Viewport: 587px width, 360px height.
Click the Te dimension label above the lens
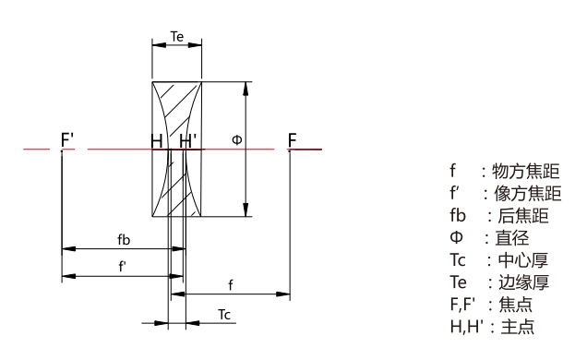click(x=177, y=37)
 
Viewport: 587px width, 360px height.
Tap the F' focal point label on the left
click(x=67, y=139)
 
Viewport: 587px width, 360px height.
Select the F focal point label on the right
click(x=293, y=140)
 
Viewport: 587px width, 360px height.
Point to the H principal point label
click(x=157, y=141)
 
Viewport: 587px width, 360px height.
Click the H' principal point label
click(x=187, y=141)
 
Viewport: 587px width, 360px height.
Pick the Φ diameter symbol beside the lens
click(x=237, y=140)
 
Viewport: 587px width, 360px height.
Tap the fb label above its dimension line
click(x=124, y=239)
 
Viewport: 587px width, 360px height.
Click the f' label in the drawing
click(x=122, y=267)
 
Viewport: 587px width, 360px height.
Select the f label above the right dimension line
click(x=231, y=285)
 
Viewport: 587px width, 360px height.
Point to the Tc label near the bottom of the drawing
click(x=224, y=315)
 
